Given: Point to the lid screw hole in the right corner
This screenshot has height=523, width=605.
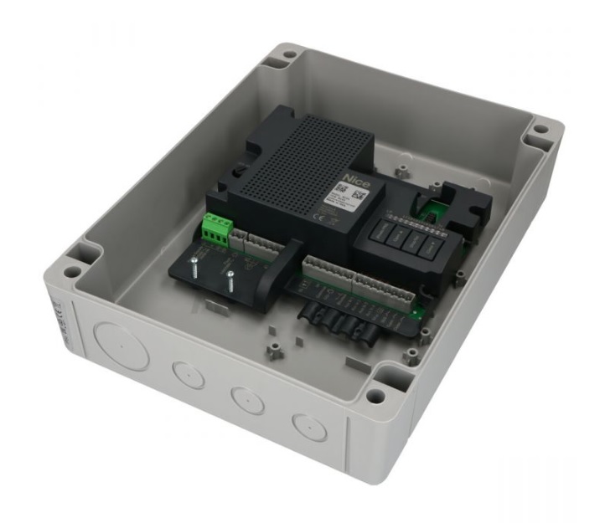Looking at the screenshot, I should tap(541, 131).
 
